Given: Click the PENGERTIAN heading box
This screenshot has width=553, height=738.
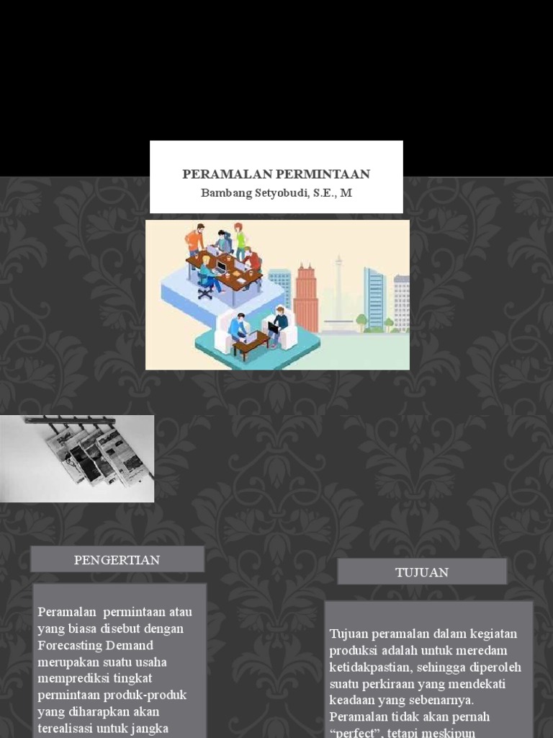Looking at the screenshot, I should [x=117, y=560].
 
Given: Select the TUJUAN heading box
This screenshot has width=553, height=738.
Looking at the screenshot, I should [x=422, y=572].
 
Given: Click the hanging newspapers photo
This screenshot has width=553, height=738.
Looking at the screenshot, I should [x=77, y=458].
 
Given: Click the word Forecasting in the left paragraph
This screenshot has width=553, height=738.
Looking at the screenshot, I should [x=66, y=645].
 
